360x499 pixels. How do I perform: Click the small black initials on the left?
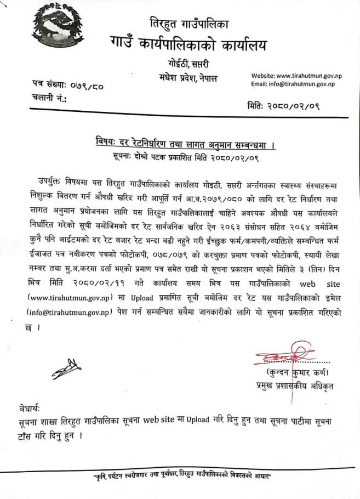click(66, 372)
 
